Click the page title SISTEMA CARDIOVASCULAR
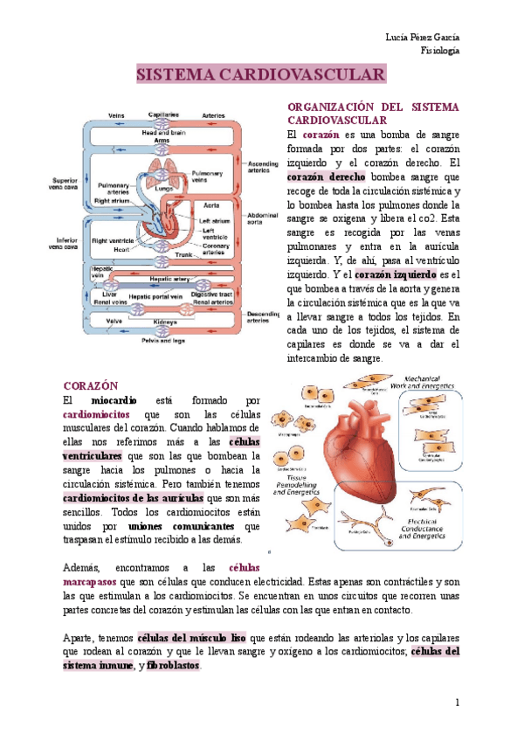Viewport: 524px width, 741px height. pos(261,76)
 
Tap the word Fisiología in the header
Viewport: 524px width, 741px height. pos(440,51)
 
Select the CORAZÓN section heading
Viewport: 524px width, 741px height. pos(91,385)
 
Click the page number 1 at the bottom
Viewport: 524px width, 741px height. pos(456,703)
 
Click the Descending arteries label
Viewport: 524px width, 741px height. pos(263,316)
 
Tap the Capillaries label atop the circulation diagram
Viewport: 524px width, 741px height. pos(164,115)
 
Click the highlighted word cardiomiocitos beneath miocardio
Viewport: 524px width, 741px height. pos(97,413)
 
